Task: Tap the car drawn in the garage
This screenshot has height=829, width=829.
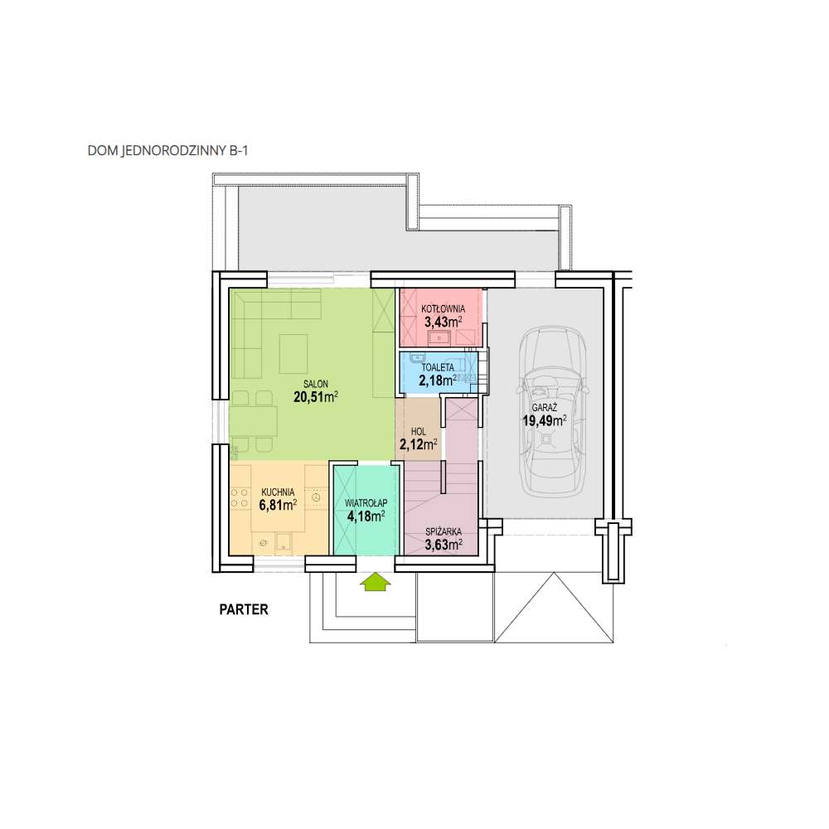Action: pyautogui.click(x=552, y=411)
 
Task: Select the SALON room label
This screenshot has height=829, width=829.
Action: pyautogui.click(x=316, y=385)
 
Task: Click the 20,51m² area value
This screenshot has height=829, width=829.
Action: pyautogui.click(x=316, y=397)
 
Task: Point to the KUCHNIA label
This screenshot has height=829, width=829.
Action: pyautogui.click(x=278, y=492)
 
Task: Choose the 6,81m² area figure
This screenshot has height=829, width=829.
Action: pyautogui.click(x=278, y=505)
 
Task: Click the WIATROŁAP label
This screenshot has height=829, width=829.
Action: pyautogui.click(x=366, y=503)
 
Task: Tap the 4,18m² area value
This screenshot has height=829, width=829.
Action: pyautogui.click(x=366, y=516)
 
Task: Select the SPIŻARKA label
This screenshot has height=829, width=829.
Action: pyautogui.click(x=444, y=532)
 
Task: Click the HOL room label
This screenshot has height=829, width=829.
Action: pyautogui.click(x=418, y=432)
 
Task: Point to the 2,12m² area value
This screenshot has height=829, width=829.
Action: pyautogui.click(x=418, y=444)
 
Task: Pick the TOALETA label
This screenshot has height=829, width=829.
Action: pyautogui.click(x=438, y=367)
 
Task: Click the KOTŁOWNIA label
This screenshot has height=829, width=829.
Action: pyautogui.click(x=443, y=308)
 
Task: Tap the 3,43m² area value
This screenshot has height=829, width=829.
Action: pyautogui.click(x=443, y=322)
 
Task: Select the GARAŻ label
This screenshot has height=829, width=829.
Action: pyautogui.click(x=545, y=408)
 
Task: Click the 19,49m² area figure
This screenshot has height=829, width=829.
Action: pyautogui.click(x=545, y=421)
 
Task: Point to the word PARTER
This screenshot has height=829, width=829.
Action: pyautogui.click(x=244, y=609)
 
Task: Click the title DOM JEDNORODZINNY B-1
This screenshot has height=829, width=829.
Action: pyautogui.click(x=167, y=151)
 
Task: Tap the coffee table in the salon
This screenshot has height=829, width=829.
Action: pyautogui.click(x=293, y=354)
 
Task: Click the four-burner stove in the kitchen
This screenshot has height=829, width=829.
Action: pyautogui.click(x=240, y=498)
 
